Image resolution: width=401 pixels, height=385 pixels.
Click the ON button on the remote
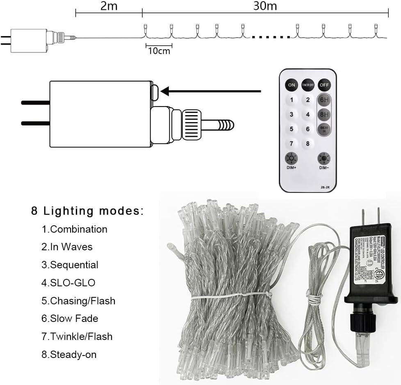click(x=292, y=85)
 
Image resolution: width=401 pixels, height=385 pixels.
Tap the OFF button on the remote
click(x=324, y=85)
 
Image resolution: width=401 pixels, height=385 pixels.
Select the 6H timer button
click(x=324, y=100)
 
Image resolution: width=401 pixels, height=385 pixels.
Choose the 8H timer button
click(x=324, y=115)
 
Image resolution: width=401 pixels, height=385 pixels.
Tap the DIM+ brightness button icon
click(x=292, y=159)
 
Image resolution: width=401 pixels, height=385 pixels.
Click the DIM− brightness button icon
click(x=324, y=159)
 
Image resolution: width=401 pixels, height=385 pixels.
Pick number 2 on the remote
click(x=308, y=100)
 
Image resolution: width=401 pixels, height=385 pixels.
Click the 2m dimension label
click(x=109, y=6)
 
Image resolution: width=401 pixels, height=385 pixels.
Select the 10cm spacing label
click(x=159, y=51)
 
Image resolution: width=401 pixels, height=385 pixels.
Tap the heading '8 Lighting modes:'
click(x=87, y=211)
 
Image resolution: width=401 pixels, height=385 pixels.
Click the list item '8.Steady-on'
click(x=69, y=354)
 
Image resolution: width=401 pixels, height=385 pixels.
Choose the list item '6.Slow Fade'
click(x=70, y=318)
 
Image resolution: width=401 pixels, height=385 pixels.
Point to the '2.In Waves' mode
click(x=67, y=247)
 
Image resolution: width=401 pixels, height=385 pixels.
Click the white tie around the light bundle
click(x=230, y=296)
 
